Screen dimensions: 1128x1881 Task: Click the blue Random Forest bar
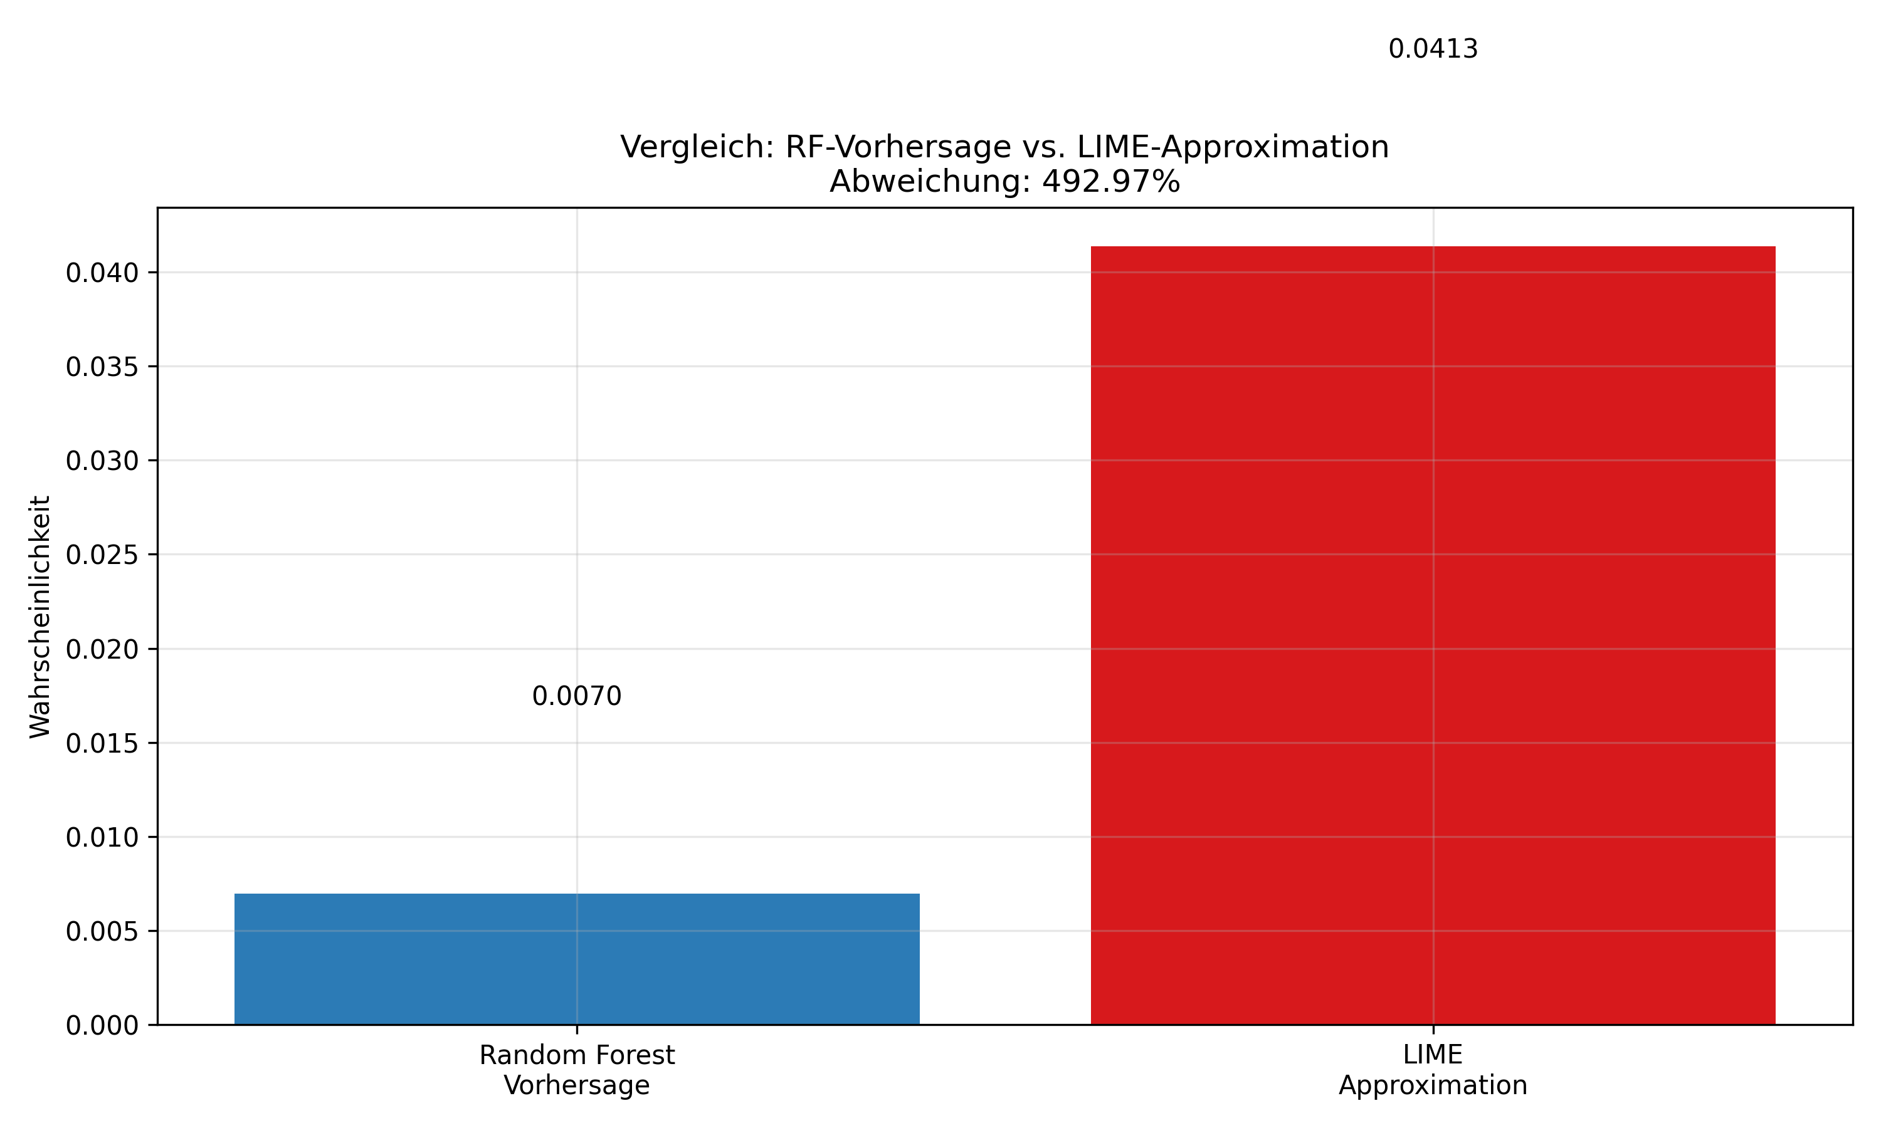576,959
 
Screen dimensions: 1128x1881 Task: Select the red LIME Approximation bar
1433,635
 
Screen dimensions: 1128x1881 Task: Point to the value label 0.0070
576,696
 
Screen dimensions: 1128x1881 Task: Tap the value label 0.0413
1433,49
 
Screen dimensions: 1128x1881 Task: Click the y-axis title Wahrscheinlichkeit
40,617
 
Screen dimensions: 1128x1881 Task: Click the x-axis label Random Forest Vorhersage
576,1070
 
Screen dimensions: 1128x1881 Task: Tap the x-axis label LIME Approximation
1433,1070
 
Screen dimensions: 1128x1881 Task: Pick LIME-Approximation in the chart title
1233,147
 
